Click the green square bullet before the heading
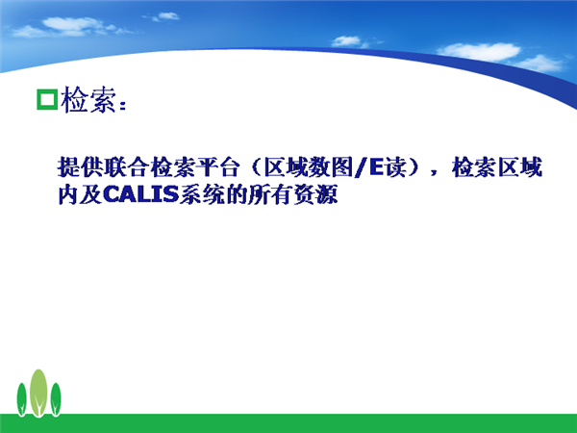click(47, 99)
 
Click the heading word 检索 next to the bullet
click(88, 100)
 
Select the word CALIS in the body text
click(141, 194)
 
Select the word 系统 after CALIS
click(202, 194)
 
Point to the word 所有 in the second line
click(270, 194)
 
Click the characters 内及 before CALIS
click(81, 194)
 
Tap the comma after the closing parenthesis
click(435, 173)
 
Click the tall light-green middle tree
click(38, 393)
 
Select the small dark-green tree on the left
click(22, 399)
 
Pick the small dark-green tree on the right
click(56, 399)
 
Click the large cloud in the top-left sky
click(70, 27)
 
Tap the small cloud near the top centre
click(164, 16)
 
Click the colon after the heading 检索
click(123, 105)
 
